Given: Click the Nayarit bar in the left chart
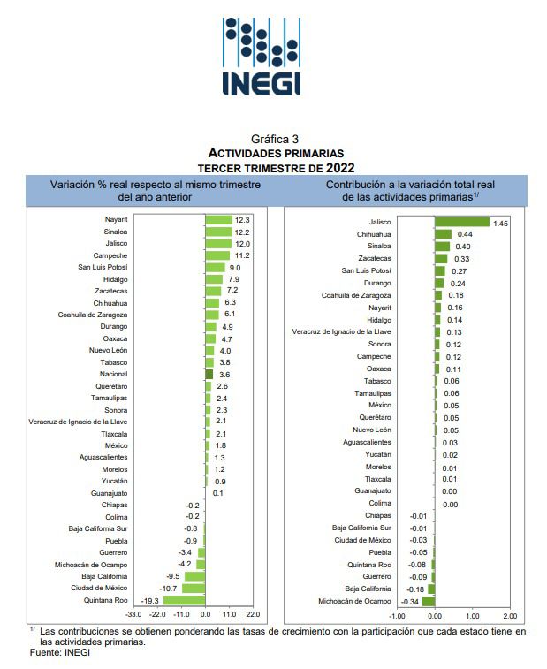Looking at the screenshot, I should [217, 219].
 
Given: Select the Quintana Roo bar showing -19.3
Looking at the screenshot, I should [184, 600].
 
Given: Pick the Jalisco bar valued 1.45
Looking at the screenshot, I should [462, 223].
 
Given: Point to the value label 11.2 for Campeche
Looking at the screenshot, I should [242, 255].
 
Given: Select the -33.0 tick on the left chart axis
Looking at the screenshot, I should [133, 613].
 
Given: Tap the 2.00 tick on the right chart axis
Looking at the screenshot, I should [510, 615].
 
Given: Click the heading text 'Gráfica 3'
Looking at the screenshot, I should [275, 139].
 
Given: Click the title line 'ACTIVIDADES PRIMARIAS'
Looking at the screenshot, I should [275, 153].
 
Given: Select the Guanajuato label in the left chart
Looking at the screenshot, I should [110, 493].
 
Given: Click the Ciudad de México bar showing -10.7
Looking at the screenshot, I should [194, 589].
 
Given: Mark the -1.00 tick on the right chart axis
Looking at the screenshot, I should [397, 615].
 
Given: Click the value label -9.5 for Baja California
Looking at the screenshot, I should [173, 576].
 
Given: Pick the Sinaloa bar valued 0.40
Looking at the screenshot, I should [443, 247].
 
